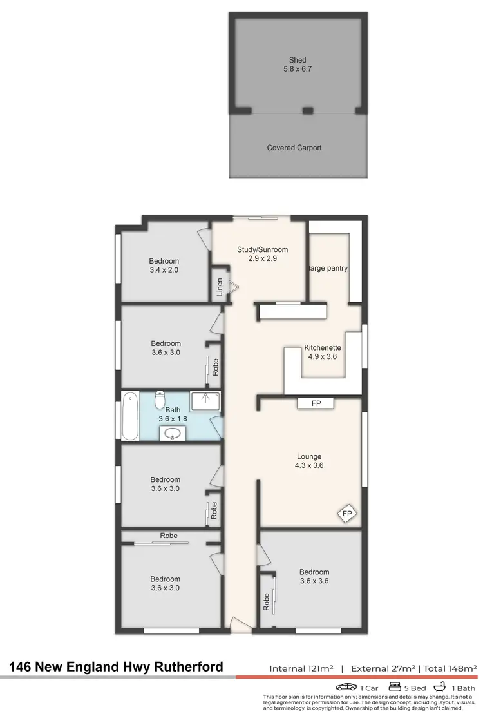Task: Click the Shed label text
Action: [x=298, y=60]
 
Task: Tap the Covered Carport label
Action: [x=294, y=148]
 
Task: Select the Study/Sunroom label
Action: [x=262, y=249]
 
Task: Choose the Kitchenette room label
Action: [x=323, y=348]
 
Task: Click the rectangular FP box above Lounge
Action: [x=316, y=403]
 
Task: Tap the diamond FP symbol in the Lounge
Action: [x=347, y=514]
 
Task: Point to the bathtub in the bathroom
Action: [x=129, y=416]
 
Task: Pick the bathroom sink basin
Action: [x=172, y=434]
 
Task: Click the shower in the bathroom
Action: [x=205, y=401]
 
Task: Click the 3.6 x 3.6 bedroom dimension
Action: [x=314, y=581]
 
